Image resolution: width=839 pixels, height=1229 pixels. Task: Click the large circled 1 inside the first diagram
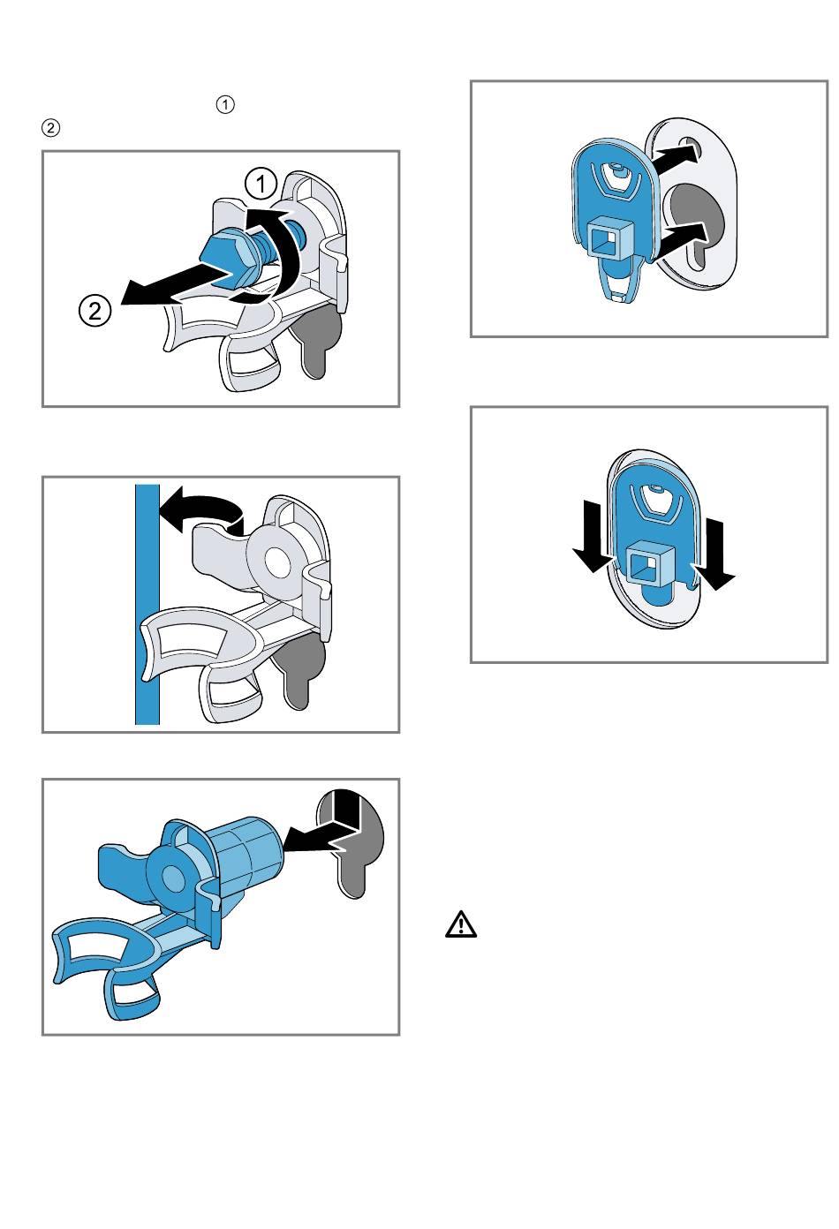click(x=261, y=185)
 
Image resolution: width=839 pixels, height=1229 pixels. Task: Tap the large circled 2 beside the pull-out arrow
click(x=94, y=311)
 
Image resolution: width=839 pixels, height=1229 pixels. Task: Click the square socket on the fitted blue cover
click(x=649, y=562)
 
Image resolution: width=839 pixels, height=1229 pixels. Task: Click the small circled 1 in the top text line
click(x=226, y=105)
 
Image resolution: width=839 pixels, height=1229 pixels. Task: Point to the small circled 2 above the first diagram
click(x=50, y=128)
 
